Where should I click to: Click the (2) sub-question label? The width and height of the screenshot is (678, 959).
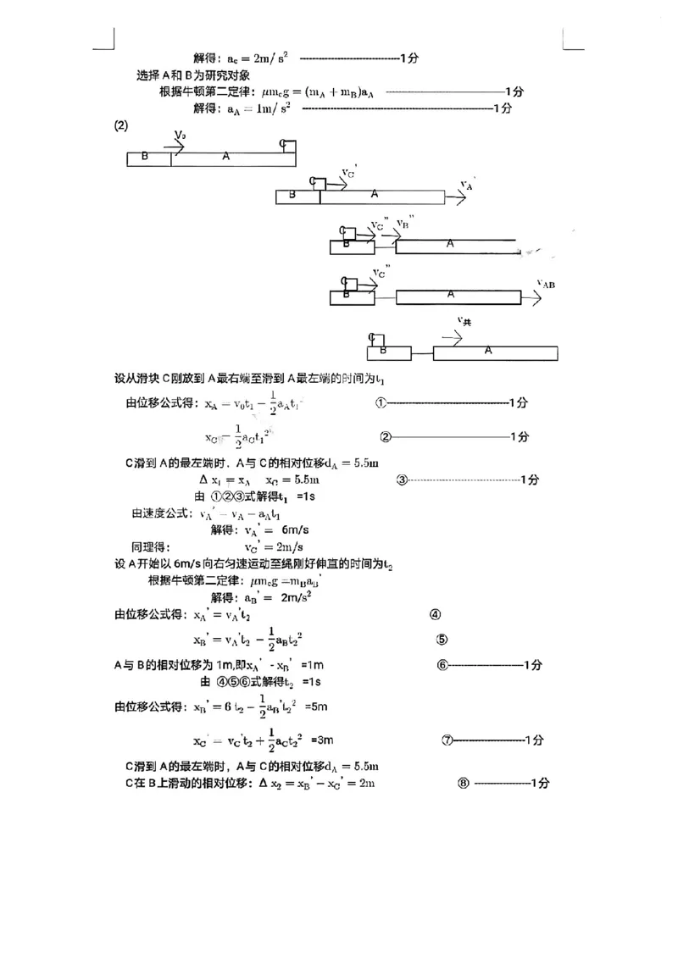pos(120,126)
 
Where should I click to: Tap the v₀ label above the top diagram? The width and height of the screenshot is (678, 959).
pos(180,136)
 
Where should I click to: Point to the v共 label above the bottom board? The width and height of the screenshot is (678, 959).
pos(464,321)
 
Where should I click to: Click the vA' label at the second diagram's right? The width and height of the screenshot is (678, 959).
pos(467,185)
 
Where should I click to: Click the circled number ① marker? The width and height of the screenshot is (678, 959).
pos(381,403)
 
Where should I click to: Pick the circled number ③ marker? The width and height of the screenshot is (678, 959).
pos(403,479)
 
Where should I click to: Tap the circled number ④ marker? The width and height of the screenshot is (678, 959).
pos(435,615)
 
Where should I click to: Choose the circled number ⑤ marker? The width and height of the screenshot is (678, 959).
pos(442,640)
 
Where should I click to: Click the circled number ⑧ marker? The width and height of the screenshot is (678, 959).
pos(463,784)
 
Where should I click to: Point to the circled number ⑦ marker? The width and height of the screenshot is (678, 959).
pos(447,740)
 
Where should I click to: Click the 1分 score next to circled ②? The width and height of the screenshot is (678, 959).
pos(520,437)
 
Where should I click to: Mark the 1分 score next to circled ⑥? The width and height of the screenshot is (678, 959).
pos(532,665)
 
